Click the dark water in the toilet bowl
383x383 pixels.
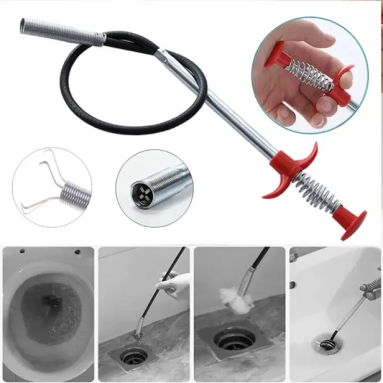(50, 312)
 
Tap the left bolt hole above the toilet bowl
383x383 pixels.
(22, 251)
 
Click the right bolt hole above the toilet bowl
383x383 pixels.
(77, 252)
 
